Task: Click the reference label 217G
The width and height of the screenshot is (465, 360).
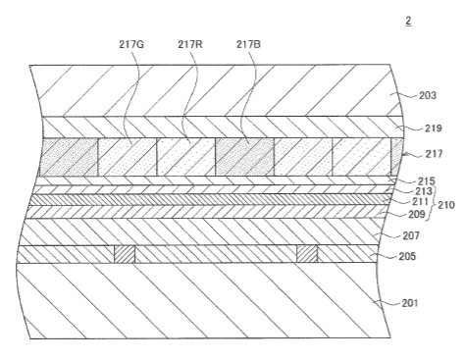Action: (131, 44)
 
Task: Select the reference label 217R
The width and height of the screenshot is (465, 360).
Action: (190, 44)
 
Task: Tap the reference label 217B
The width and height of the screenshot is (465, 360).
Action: (248, 44)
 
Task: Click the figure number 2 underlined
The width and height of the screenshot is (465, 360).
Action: (408, 21)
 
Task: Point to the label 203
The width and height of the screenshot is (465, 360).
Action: (428, 95)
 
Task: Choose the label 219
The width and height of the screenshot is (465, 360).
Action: (434, 129)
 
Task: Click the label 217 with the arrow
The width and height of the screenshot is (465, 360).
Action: (434, 153)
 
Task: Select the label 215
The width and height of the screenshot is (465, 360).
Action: (427, 180)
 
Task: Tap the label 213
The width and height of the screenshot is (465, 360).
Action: (424, 191)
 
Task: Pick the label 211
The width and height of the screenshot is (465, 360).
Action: (421, 201)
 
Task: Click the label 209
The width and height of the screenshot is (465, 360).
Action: (417, 214)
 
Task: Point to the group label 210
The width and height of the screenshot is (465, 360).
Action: (446, 205)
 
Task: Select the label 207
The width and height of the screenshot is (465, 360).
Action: (411, 235)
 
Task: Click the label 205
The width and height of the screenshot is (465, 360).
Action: (407, 256)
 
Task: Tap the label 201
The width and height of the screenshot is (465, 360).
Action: (410, 303)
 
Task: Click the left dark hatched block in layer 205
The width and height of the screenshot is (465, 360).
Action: (125, 254)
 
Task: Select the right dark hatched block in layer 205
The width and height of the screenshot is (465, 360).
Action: (307, 254)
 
